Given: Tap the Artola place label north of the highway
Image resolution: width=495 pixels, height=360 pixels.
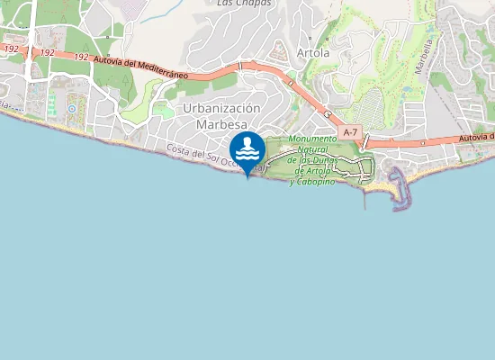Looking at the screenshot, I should tap(313, 53).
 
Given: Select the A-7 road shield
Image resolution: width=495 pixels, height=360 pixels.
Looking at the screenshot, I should tap(350, 132).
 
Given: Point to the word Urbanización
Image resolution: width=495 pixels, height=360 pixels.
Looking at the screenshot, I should tap(220, 108).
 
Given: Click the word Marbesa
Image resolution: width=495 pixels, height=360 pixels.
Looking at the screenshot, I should tap(220, 124).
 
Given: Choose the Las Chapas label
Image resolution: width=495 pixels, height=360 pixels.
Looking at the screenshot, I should tap(244, 3).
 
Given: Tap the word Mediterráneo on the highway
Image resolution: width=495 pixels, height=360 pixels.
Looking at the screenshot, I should tap(161, 71).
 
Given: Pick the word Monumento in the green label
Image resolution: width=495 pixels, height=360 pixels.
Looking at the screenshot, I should tap(312, 139).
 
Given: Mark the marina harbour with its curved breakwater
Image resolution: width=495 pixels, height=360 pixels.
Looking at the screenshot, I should tap(400, 185).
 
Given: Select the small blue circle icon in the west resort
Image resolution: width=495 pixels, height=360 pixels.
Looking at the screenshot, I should tap(71, 109).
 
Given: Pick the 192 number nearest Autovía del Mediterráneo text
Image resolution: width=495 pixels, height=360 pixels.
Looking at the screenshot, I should tap(81, 57).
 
